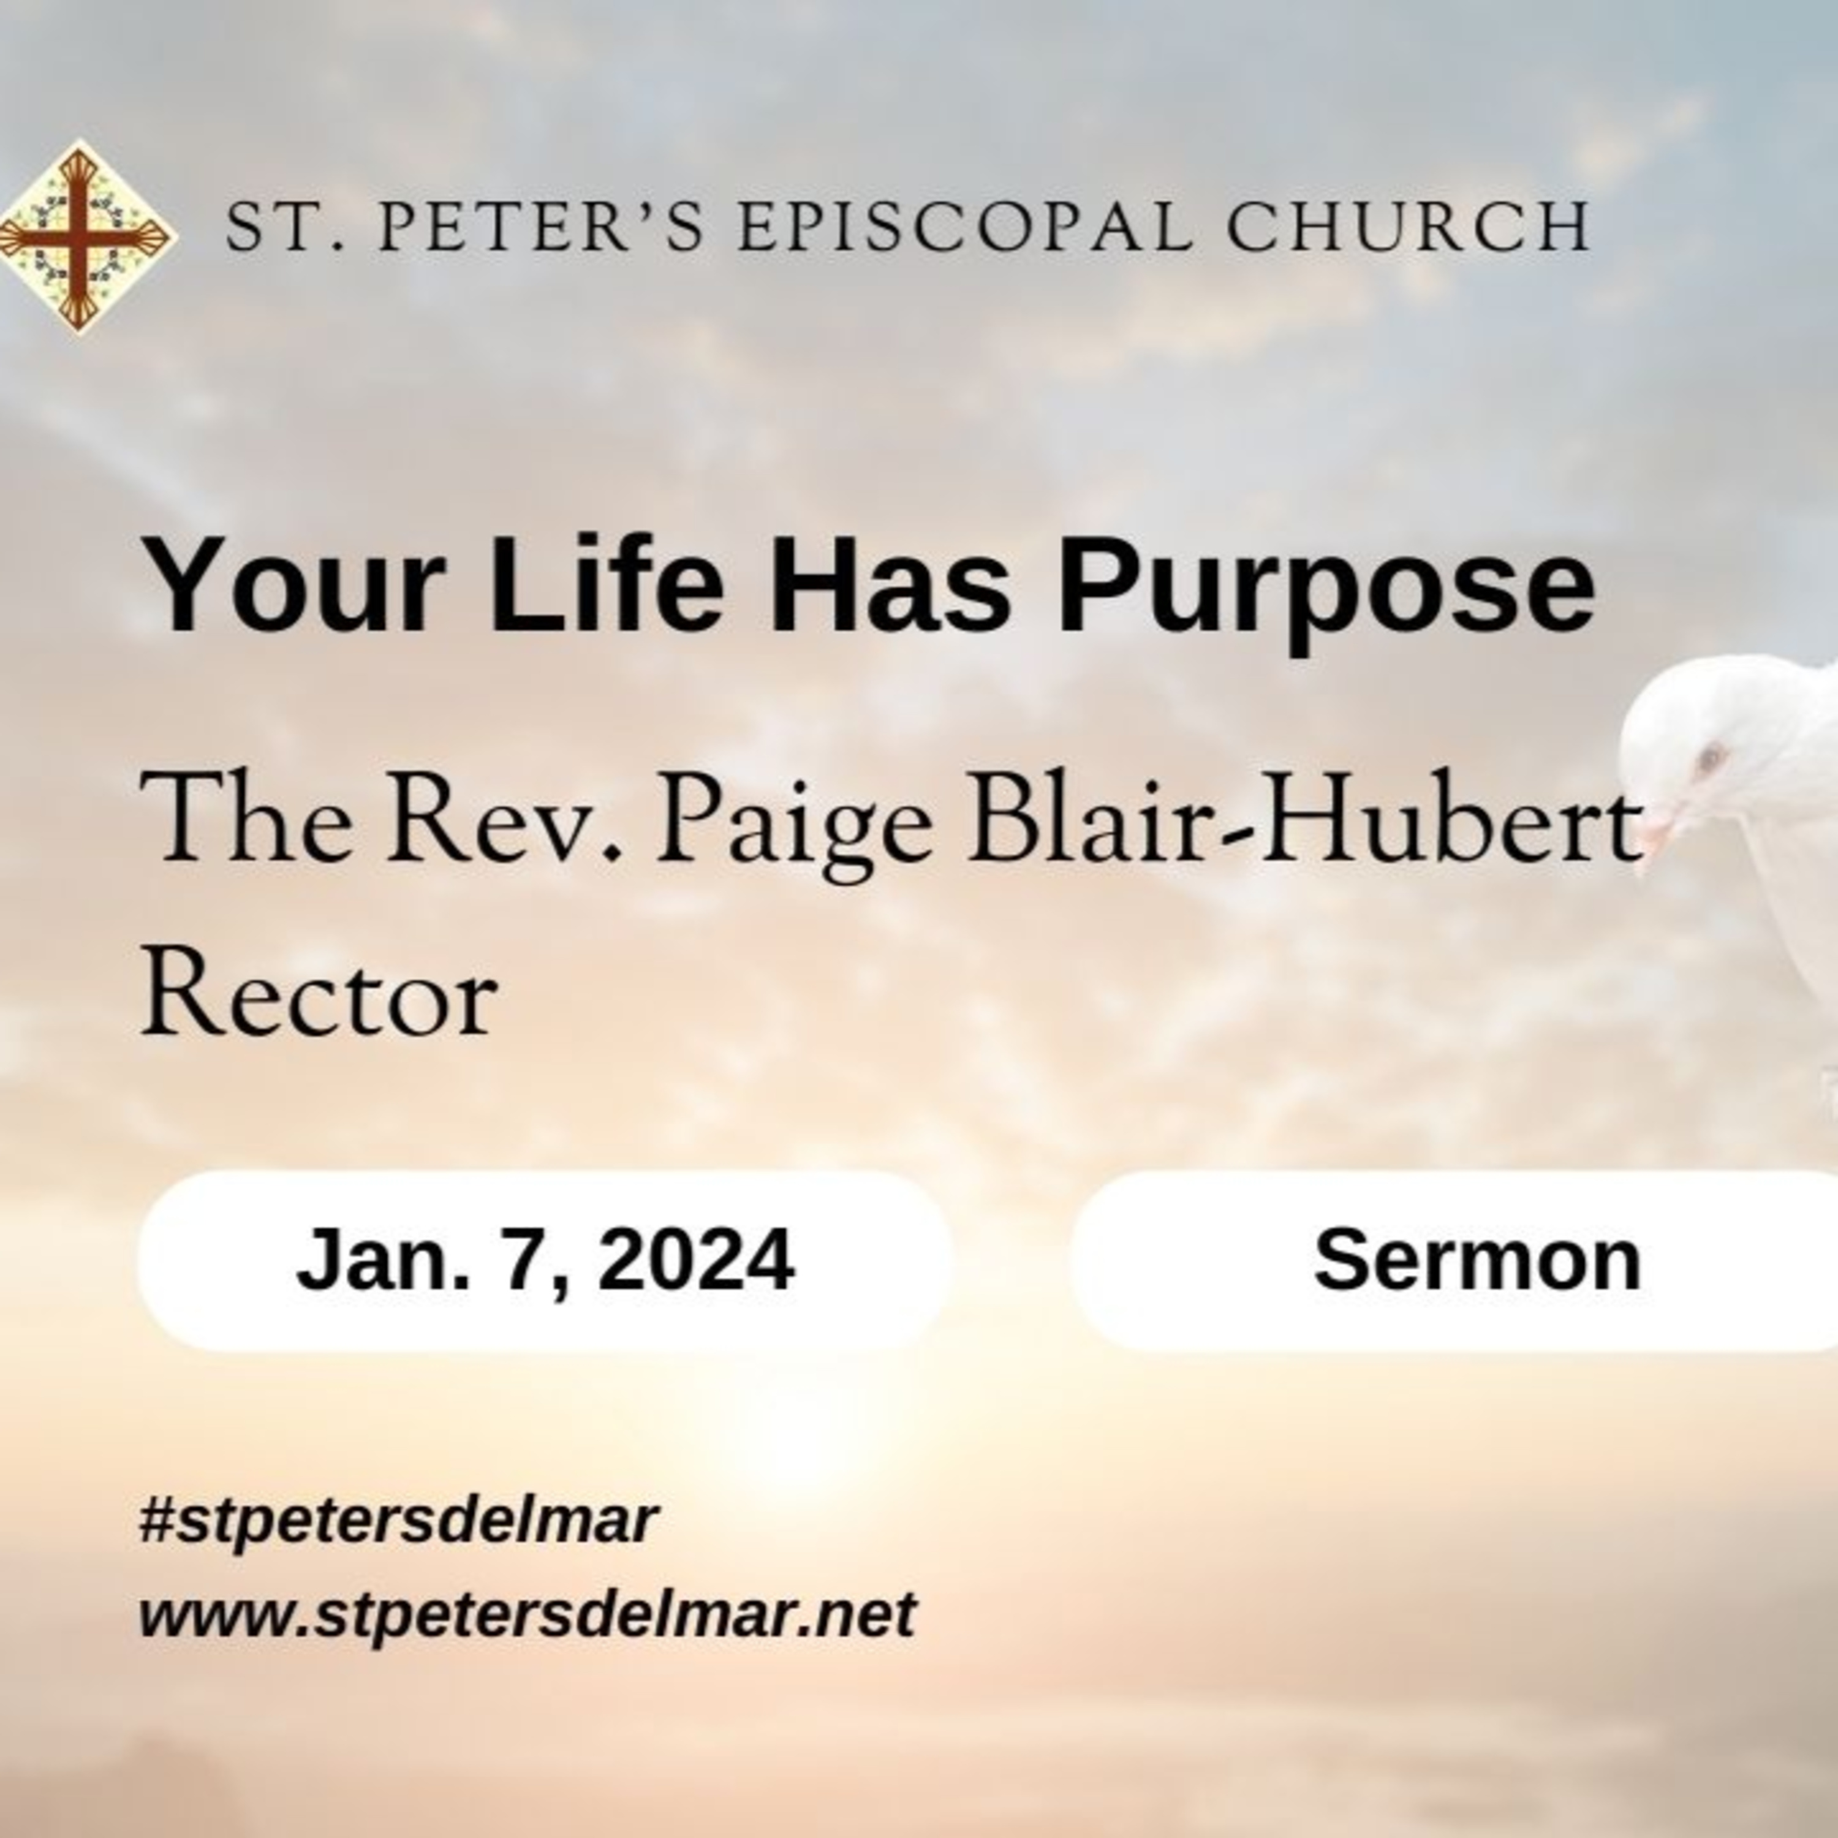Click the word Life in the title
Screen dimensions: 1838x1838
coord(605,583)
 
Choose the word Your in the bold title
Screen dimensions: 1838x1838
coord(294,583)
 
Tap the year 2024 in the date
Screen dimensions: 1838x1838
coord(697,1260)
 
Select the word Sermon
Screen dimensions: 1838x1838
coord(1477,1260)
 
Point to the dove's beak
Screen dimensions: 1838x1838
coord(1656,833)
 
